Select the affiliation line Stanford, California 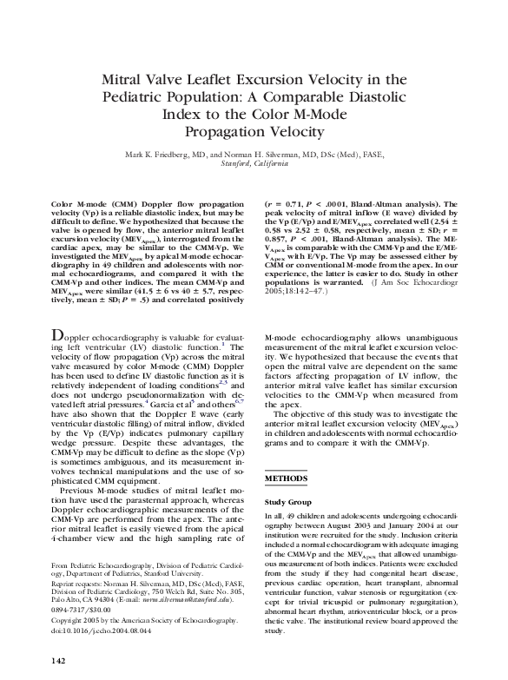tap(254, 164)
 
